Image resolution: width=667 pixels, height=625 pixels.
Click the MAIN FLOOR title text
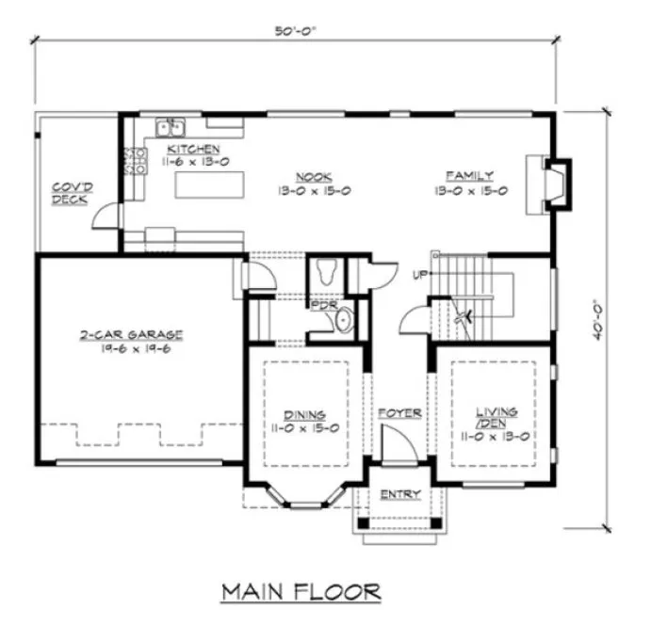click(x=301, y=592)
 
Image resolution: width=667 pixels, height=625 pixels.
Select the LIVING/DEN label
click(x=496, y=418)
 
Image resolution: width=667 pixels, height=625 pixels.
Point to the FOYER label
click(x=399, y=413)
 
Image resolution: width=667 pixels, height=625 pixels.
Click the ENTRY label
click(x=400, y=495)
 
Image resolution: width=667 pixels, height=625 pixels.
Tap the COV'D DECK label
click(x=71, y=192)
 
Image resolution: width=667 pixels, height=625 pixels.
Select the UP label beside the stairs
click(x=420, y=275)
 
